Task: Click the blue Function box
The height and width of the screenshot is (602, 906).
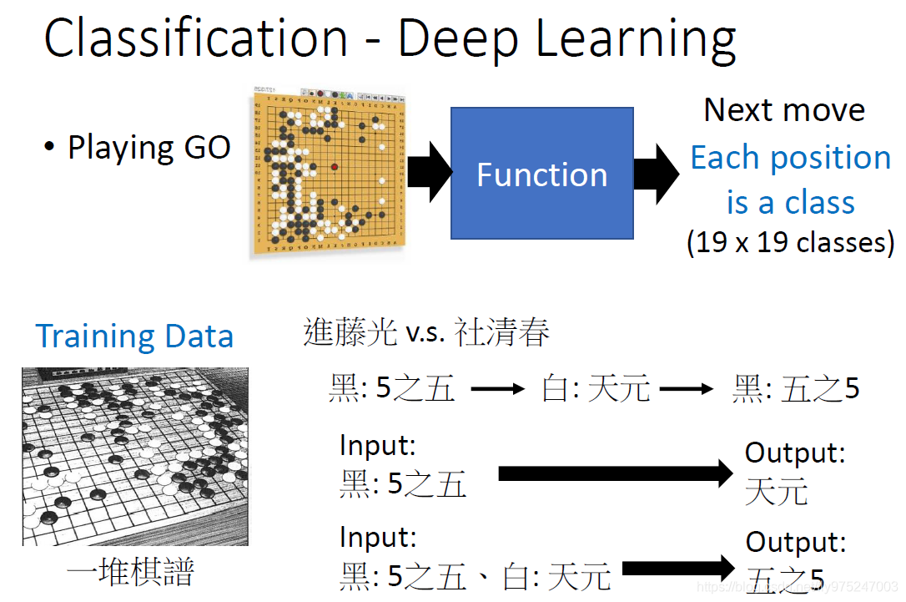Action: [x=541, y=174]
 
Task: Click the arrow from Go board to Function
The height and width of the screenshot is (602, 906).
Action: [x=429, y=172]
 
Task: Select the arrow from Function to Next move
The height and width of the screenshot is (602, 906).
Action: [x=657, y=174]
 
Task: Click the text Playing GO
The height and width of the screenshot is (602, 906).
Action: [x=148, y=147]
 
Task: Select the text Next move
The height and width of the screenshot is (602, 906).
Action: [x=784, y=110]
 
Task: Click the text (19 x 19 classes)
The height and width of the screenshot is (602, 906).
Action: [x=790, y=242]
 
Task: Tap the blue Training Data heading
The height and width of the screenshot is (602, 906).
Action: [x=134, y=336]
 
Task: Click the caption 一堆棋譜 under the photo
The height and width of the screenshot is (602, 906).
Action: [x=130, y=572]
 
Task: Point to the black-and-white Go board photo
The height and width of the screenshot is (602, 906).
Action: [x=134, y=456]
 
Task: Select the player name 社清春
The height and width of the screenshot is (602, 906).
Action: [x=502, y=333]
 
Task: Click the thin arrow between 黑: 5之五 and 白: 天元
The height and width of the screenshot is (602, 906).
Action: [x=498, y=389]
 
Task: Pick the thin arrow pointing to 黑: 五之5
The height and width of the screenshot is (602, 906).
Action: [x=687, y=389]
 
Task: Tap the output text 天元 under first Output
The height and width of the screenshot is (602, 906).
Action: [x=776, y=491]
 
